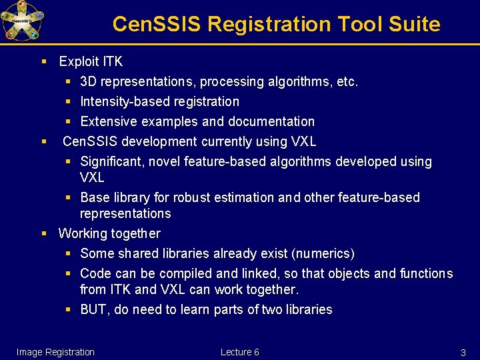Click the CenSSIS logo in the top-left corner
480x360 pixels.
coord(22,21)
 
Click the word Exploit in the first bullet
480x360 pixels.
coord(79,61)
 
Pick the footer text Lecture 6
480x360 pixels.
coord(240,352)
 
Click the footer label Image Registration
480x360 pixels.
coord(55,352)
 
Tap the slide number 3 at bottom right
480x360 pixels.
coord(463,352)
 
